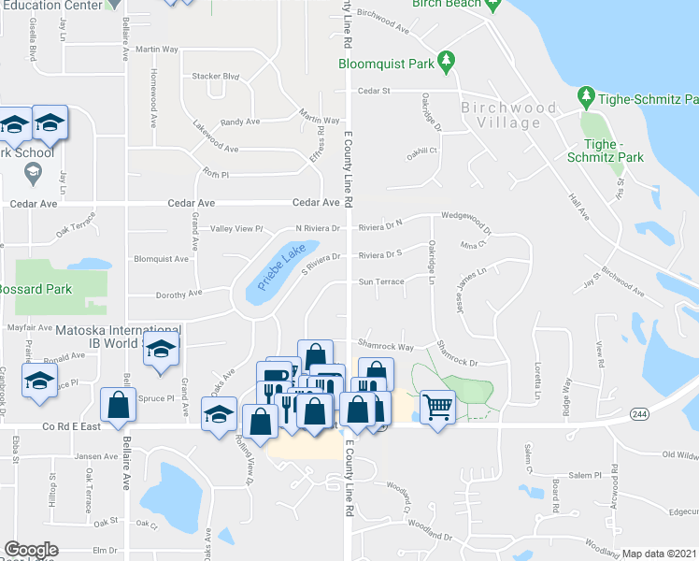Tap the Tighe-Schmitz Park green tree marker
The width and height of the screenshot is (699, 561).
click(x=586, y=96)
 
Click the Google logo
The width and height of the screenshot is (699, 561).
click(x=31, y=550)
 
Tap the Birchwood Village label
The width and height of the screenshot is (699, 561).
click(x=508, y=115)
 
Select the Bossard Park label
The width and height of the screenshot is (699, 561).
click(x=36, y=289)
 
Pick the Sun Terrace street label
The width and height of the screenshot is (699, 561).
click(x=381, y=280)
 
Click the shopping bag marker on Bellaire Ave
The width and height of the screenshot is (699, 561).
click(x=118, y=406)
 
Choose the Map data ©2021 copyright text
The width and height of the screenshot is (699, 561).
click(x=659, y=554)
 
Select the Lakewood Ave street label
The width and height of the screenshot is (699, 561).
click(x=215, y=149)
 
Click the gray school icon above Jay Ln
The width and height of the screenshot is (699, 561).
click(x=33, y=173)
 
